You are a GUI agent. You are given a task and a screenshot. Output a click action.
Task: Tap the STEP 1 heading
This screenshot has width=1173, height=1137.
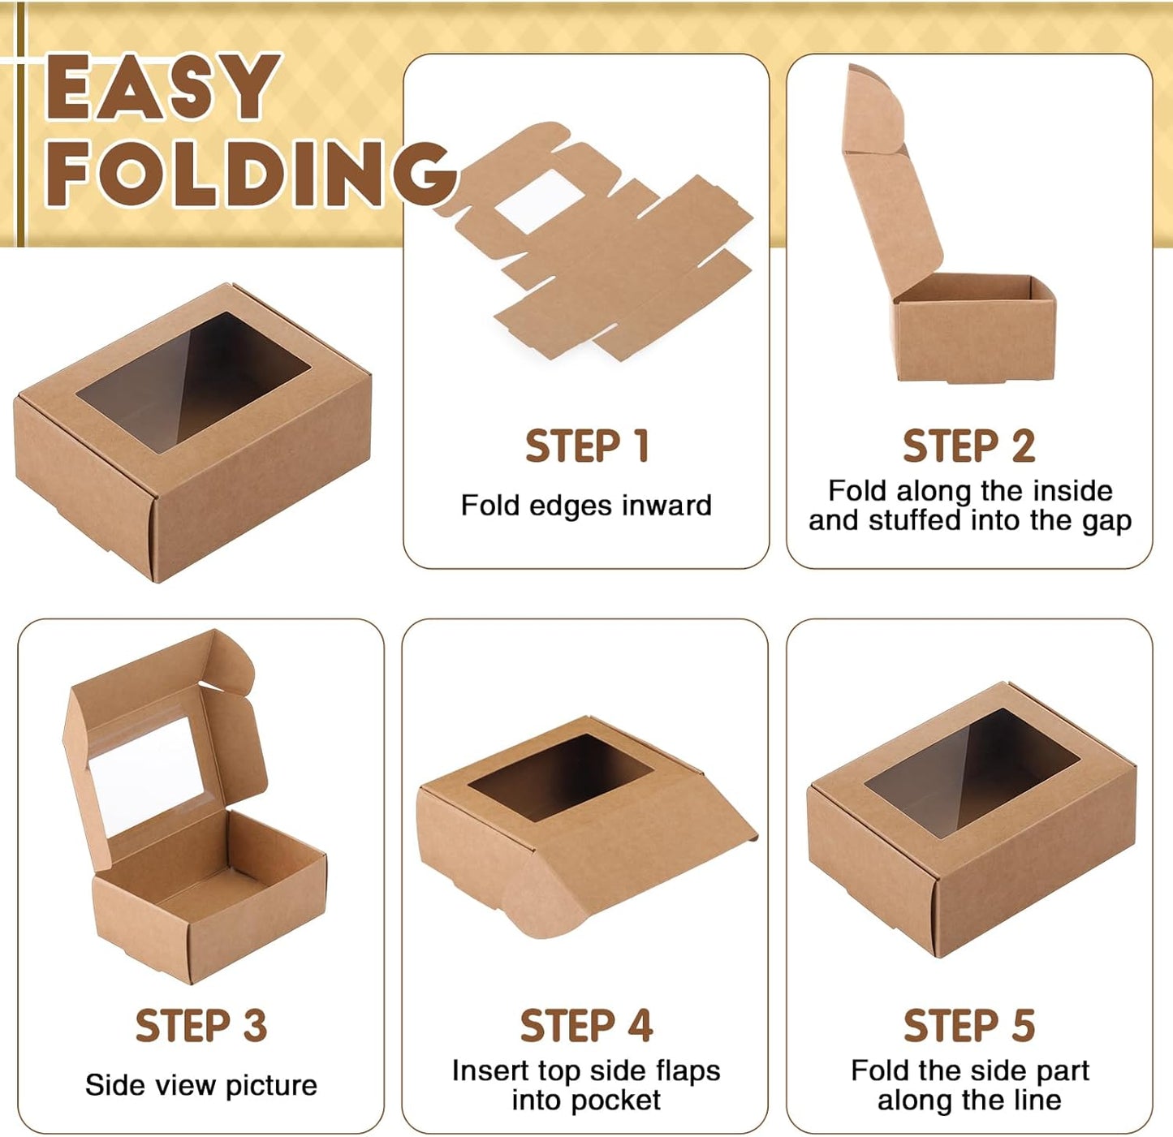point(586,446)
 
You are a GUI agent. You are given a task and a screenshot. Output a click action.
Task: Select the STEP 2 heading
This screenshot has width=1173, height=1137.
point(968,446)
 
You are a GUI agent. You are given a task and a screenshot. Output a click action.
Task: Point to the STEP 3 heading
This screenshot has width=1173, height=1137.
point(201,1026)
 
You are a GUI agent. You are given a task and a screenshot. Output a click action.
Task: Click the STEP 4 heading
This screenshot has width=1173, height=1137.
point(586,1026)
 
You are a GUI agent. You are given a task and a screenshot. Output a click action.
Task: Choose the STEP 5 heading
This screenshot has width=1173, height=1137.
point(968,1026)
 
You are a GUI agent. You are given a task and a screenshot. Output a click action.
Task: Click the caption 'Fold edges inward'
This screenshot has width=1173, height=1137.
point(586,506)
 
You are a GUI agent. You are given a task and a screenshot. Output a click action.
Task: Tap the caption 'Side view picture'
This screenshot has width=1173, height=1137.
point(201,1085)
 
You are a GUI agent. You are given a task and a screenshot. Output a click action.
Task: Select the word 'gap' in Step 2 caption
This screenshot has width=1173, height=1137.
point(1106,521)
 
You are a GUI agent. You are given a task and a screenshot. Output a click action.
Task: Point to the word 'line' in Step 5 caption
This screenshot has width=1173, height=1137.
point(1035,1100)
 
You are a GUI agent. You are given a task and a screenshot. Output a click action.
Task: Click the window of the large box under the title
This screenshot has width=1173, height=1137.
point(193,381)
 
